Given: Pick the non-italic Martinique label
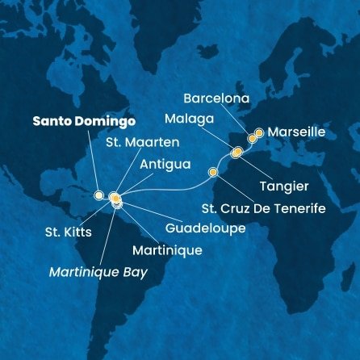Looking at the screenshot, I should click(169, 251).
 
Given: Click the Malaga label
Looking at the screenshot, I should click(189, 119).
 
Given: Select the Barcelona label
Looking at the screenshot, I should click(218, 100).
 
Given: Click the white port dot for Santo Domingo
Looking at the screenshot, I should click(98, 195).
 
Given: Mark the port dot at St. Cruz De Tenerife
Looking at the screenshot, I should click(213, 172).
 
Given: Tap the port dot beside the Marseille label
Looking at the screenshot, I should click(259, 132).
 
